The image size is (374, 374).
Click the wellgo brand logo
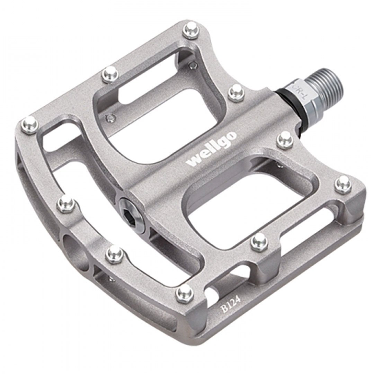212,150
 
